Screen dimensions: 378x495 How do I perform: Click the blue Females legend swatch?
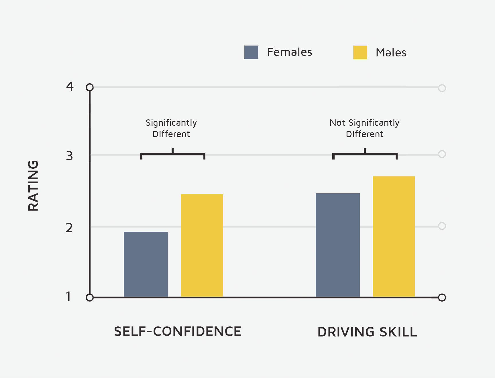pos(251,52)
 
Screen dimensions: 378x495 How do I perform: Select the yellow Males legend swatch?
pos(360,52)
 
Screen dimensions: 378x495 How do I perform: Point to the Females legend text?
pos(289,52)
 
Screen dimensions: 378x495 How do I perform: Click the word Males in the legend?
pos(391,53)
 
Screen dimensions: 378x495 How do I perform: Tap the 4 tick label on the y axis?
pos(70,86)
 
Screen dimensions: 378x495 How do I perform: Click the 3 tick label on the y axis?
pos(69,156)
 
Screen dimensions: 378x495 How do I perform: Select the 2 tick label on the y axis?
pos(69,228)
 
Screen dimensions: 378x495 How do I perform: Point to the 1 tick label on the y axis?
pos(68,297)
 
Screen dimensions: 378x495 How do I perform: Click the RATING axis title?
pos(33,186)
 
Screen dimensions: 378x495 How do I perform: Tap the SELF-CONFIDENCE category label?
pos(178,332)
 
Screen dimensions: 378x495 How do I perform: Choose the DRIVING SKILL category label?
pos(367,332)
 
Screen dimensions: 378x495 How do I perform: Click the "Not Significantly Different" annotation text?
pos(364,128)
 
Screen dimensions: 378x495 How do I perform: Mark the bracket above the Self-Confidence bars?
pos(172,154)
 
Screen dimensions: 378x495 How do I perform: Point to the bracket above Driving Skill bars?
pos(365,154)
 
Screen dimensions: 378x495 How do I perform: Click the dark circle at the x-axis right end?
pos(442,298)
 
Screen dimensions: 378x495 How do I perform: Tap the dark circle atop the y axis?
pos(90,87)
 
